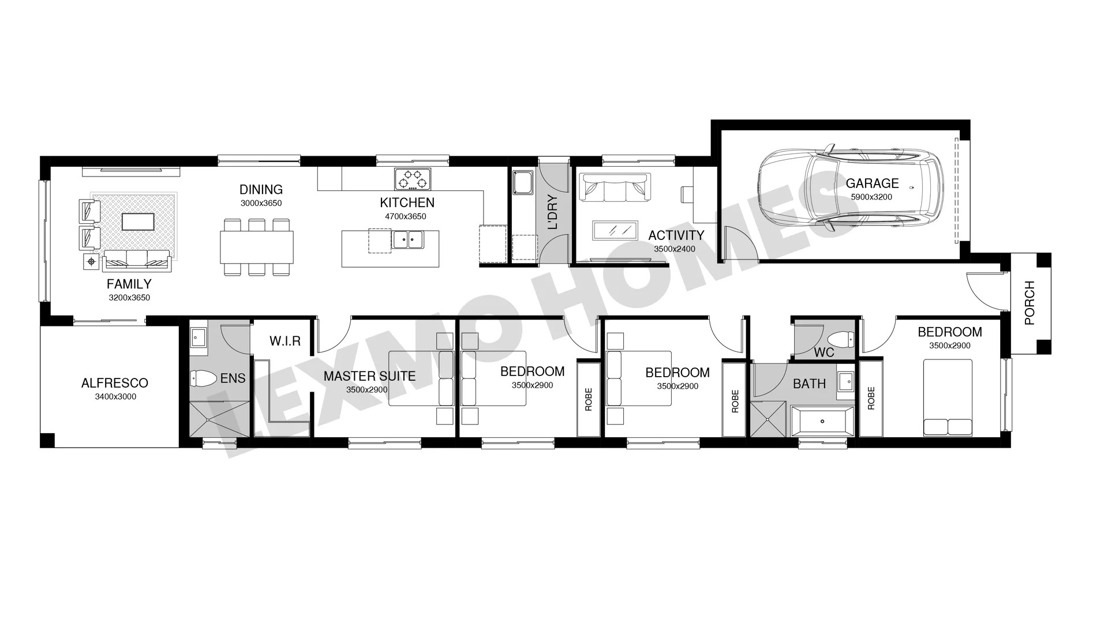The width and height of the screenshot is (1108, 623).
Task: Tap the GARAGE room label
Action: [872, 183]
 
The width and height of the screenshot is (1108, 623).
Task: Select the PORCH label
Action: [1030, 303]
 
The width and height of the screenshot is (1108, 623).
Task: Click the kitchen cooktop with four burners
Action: [413, 179]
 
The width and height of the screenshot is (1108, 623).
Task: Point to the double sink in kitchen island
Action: [407, 239]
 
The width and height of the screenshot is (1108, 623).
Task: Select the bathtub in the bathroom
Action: [822, 421]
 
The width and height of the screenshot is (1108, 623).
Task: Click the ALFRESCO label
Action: [115, 383]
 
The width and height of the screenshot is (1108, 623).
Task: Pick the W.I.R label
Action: [285, 341]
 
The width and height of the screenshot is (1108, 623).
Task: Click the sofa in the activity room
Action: [615, 188]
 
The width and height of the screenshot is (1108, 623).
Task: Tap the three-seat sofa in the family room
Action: [137, 260]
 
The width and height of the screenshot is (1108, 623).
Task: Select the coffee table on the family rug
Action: [137, 222]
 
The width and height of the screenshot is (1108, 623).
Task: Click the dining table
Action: [256, 247]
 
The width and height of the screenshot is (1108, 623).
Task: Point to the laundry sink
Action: [523, 182]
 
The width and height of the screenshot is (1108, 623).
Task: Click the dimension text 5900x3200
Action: [871, 197]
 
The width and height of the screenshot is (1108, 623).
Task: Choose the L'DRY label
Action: [553, 213]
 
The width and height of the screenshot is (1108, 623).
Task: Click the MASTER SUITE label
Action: [369, 376]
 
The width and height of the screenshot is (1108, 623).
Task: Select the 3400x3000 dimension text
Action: [115, 397]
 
